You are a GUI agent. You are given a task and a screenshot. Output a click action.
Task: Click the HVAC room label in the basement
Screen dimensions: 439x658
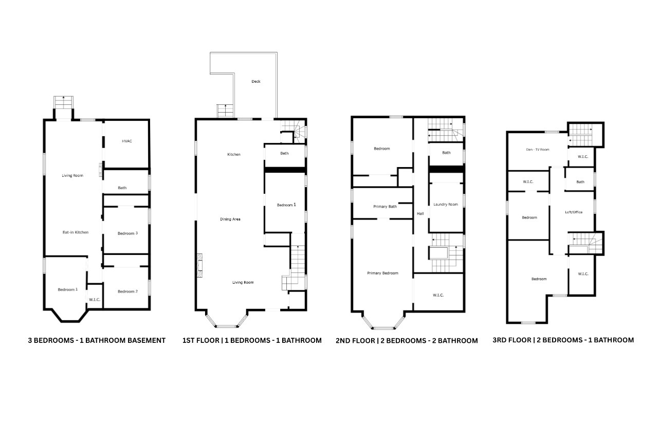point(127,141)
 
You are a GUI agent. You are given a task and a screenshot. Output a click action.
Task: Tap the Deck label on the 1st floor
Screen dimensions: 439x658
point(255,81)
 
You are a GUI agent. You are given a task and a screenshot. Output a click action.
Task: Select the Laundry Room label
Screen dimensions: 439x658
point(446,204)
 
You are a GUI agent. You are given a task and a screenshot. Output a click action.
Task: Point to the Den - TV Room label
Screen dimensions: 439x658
point(538,150)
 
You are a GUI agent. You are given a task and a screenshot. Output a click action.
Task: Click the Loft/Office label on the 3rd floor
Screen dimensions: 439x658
point(574,212)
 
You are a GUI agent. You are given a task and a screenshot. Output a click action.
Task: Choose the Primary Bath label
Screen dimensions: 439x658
point(385,207)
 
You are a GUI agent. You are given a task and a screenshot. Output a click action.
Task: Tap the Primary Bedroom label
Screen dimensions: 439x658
point(382,273)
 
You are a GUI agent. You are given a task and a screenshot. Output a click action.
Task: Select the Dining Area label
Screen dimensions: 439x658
point(230,219)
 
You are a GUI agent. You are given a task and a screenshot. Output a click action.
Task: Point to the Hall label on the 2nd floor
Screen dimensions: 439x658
point(420,213)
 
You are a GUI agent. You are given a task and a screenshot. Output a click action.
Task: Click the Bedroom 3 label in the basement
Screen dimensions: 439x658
point(127,233)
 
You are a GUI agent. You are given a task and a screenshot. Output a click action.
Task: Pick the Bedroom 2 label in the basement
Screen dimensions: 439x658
point(127,291)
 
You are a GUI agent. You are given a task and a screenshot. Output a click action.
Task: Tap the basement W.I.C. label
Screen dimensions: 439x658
point(94,300)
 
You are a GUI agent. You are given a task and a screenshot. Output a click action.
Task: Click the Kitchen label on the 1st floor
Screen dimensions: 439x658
point(234,154)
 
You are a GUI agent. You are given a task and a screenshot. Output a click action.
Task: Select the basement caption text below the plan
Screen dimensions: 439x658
point(97,340)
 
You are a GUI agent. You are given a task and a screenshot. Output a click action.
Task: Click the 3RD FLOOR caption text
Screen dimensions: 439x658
point(563,340)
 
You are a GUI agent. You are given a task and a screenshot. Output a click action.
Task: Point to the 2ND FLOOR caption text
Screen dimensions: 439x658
point(407,340)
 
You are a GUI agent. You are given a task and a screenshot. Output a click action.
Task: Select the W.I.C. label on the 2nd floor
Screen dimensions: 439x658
point(438,295)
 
